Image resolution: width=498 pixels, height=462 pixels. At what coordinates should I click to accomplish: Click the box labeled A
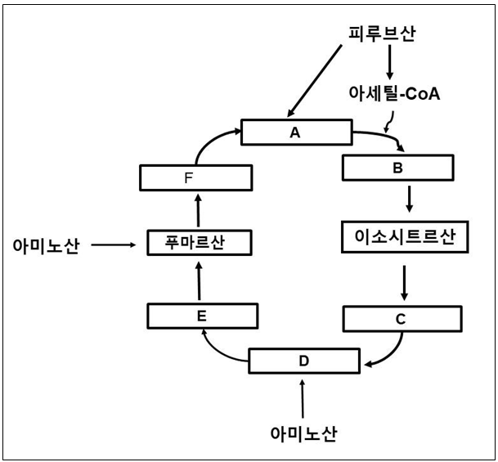tap(295, 132)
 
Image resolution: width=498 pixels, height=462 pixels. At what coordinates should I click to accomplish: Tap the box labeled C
tap(400, 319)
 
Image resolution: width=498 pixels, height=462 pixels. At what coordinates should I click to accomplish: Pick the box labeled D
tap(304, 360)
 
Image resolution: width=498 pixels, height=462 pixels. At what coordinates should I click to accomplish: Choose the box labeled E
tap(203, 315)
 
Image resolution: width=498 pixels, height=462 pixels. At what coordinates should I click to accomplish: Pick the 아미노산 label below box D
tap(304, 431)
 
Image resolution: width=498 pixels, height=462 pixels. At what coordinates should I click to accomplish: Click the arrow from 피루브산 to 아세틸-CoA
tap(390, 62)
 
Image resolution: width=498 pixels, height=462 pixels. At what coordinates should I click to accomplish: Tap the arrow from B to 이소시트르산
tap(408, 199)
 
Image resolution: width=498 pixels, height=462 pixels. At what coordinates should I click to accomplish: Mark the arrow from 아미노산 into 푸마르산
tap(114, 244)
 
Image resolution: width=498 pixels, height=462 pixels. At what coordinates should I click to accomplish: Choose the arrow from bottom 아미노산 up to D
tap(303, 397)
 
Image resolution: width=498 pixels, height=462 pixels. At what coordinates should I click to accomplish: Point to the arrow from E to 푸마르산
tap(199, 280)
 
